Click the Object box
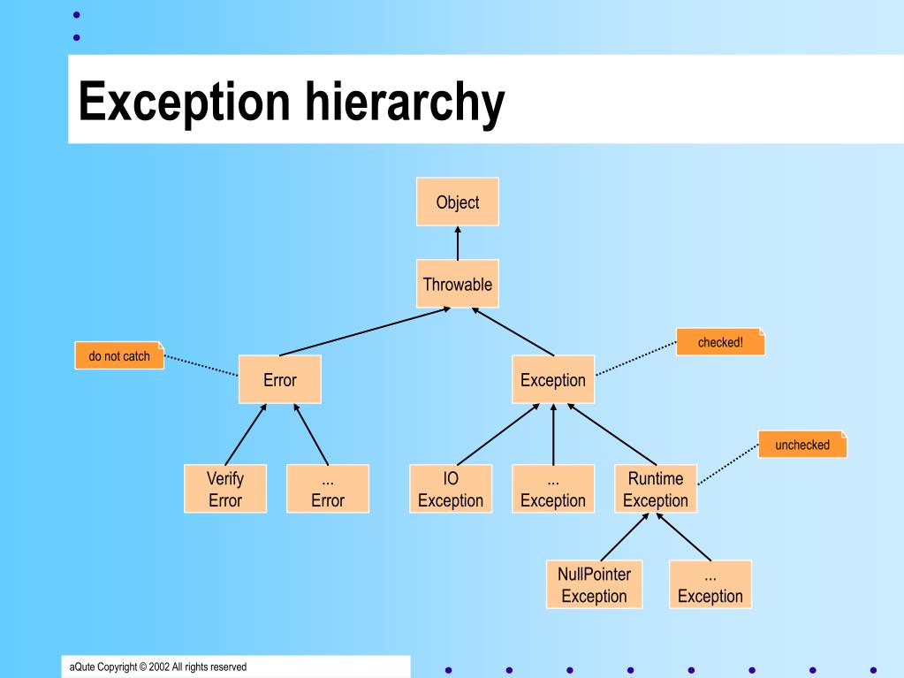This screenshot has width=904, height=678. (x=457, y=202)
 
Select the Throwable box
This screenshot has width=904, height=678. (x=457, y=284)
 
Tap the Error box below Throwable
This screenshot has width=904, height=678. (x=279, y=380)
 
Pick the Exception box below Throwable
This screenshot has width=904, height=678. (x=552, y=380)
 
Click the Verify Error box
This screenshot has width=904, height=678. (x=224, y=489)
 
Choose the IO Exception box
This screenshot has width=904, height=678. (x=450, y=489)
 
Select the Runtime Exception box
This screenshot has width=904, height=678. (x=655, y=489)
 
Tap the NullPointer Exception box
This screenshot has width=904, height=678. (x=594, y=584)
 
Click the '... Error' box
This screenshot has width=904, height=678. (x=327, y=489)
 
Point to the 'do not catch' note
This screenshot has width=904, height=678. (x=119, y=356)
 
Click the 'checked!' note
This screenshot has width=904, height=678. (x=720, y=342)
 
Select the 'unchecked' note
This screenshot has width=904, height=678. (x=801, y=445)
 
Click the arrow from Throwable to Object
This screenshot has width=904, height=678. (x=457, y=243)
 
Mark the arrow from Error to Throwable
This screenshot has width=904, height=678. (x=364, y=331)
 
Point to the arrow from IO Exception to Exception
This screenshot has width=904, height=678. (x=499, y=435)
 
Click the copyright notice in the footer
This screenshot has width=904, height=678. (x=158, y=667)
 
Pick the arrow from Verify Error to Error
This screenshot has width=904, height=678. (x=245, y=435)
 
